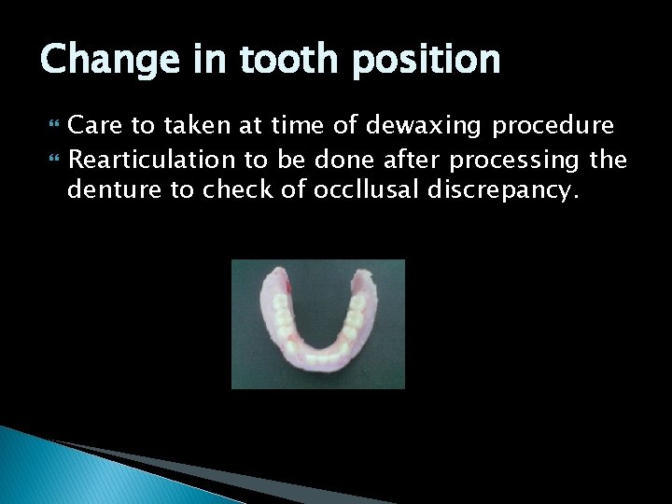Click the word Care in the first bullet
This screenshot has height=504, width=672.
[98, 125]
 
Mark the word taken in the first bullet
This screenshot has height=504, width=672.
[197, 126]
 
